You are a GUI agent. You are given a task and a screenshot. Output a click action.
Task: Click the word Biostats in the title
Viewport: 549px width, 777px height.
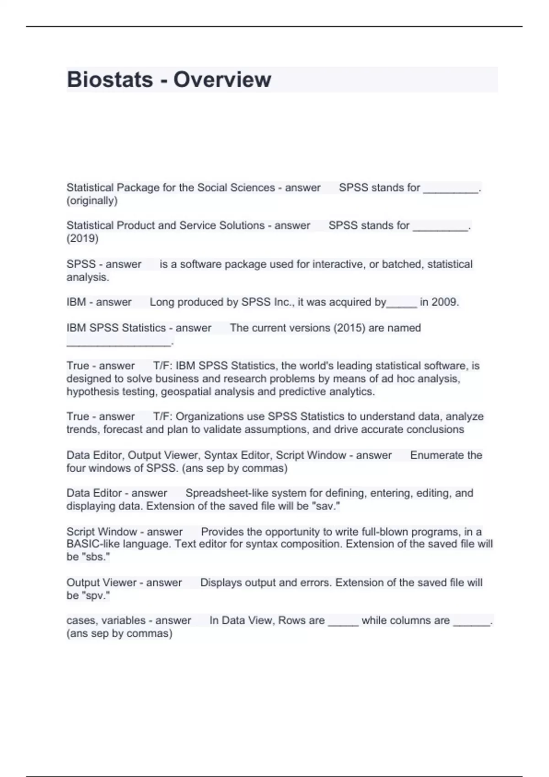110,80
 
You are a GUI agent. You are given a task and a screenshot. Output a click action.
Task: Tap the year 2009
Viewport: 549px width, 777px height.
445,302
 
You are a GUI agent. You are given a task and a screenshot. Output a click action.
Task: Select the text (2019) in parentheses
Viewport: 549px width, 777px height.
82,238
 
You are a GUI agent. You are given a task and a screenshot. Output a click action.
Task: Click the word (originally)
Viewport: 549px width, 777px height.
92,200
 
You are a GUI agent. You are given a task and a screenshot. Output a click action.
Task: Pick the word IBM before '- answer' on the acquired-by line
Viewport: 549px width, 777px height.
76,302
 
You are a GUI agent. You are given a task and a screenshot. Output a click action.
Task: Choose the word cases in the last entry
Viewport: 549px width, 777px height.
81,620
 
